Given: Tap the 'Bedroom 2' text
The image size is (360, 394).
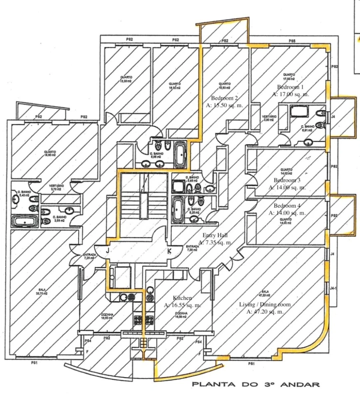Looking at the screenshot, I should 224,98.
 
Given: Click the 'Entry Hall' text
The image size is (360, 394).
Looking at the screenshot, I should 215,235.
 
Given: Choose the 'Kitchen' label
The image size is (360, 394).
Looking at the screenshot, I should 182,298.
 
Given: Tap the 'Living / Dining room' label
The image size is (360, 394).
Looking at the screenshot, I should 265,304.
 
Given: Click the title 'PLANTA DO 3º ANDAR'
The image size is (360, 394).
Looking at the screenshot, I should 256,385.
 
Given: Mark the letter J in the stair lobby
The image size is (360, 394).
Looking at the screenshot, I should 108,251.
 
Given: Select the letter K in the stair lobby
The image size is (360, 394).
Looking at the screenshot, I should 169,251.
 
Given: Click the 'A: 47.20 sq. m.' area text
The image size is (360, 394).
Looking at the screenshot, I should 265,312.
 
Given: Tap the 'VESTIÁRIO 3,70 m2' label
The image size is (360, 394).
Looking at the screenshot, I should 56,188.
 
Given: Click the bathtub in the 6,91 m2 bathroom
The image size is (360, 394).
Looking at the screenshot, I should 299,110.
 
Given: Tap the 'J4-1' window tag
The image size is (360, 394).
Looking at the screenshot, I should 333,288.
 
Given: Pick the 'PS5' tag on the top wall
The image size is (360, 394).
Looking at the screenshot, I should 292,41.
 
